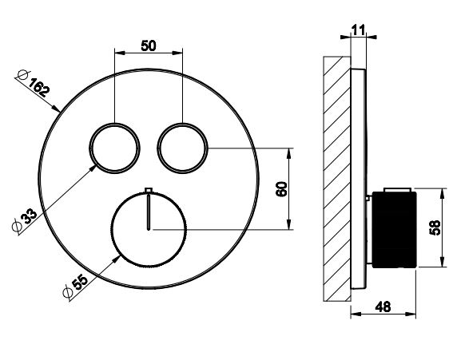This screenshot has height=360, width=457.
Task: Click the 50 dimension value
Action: (149, 45)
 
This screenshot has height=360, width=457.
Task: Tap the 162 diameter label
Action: (39, 86)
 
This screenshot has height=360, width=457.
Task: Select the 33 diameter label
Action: (29, 216)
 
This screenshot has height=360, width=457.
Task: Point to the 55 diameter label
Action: (80, 282)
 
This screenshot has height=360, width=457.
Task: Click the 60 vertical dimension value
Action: (282, 189)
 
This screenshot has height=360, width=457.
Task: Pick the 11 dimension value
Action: (358, 30)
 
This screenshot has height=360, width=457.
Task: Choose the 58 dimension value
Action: (435, 227)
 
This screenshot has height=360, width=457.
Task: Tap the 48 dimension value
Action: (383, 307)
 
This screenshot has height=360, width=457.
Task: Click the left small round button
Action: (114, 148)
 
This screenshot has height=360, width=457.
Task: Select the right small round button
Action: (183, 148)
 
